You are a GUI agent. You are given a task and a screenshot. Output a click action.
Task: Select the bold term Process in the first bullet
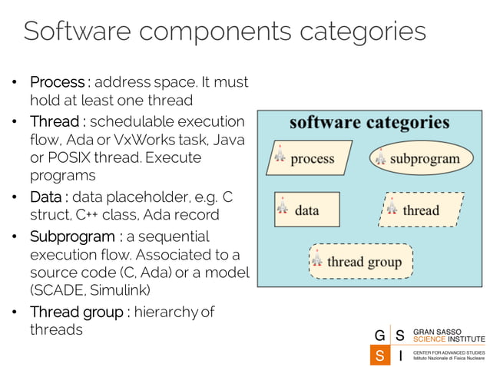click(57, 81)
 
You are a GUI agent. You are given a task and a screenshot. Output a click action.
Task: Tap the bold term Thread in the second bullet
click(54, 121)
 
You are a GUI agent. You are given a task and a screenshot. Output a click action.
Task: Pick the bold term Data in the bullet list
click(47, 197)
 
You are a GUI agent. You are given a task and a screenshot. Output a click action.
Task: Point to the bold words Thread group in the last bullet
click(76, 312)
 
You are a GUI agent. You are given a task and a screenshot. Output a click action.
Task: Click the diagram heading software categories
click(369, 123)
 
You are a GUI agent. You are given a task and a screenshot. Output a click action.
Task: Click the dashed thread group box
click(361, 261)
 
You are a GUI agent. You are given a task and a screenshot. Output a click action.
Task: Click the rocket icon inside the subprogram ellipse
click(380, 159)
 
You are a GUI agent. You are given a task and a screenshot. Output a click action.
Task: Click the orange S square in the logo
click(379, 355)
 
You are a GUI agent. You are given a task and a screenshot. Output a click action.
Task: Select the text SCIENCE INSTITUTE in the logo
click(449, 339)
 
